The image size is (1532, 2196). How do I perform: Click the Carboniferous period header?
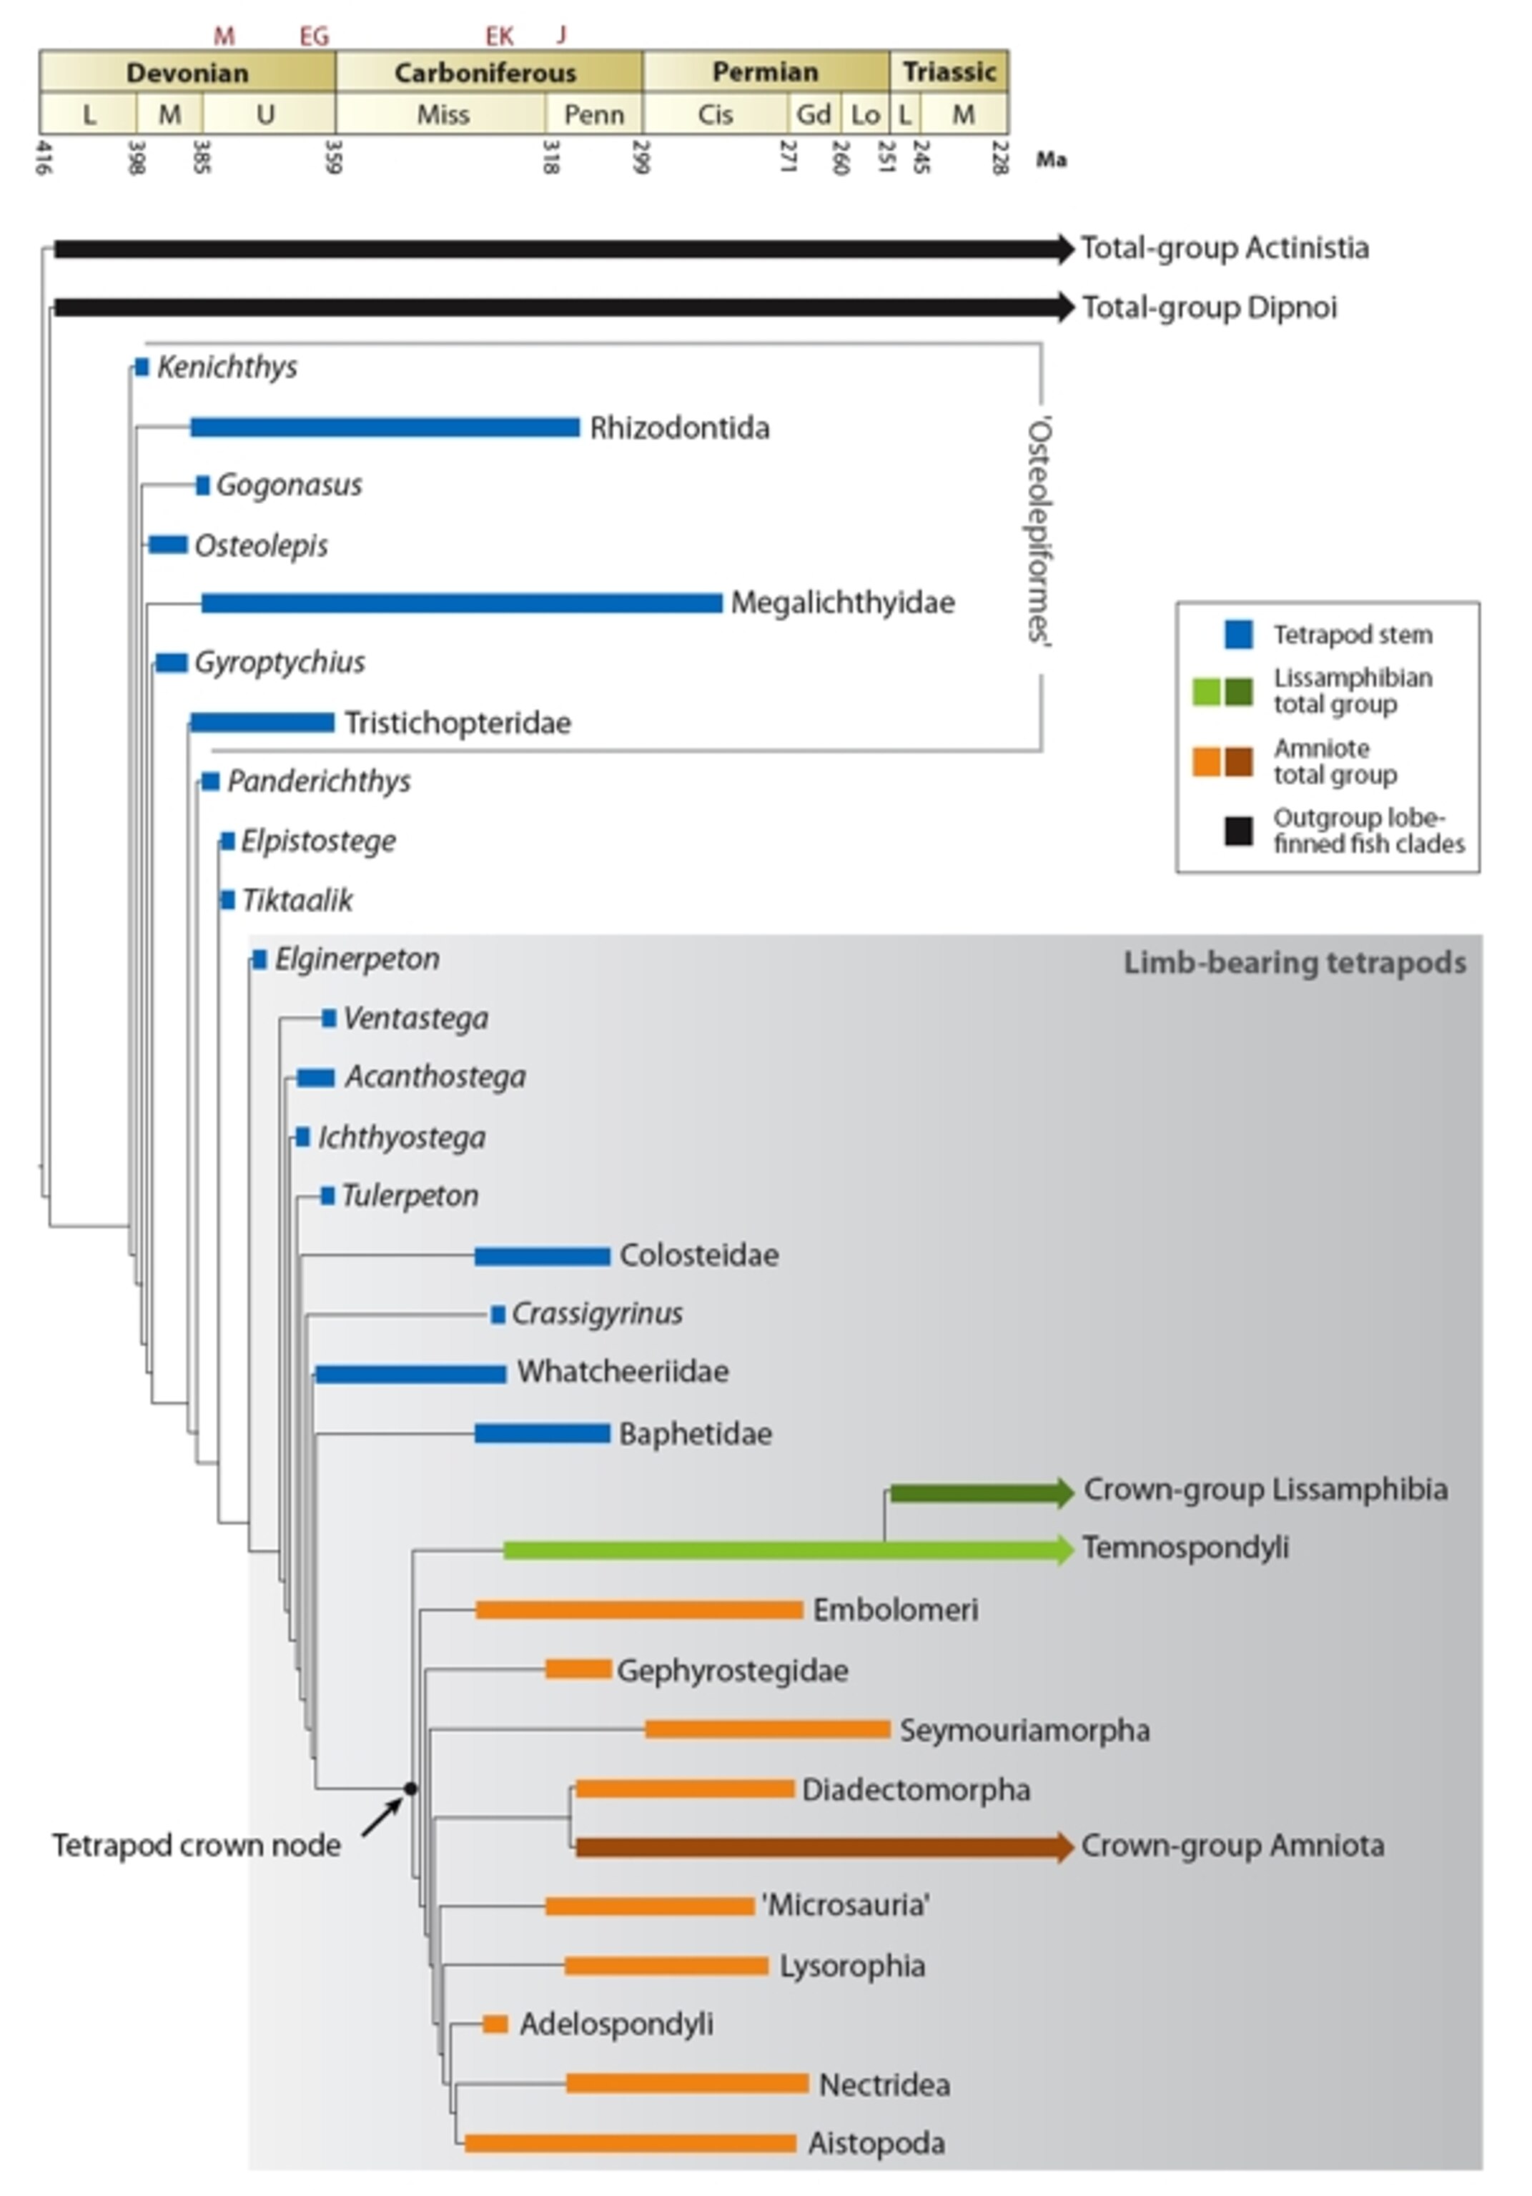tap(486, 73)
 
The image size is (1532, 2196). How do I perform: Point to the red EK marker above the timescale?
tap(499, 36)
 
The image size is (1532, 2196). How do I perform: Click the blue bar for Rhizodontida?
tap(385, 427)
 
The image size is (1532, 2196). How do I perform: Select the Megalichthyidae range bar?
tap(462, 603)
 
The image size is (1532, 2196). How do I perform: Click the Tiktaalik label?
tap(297, 900)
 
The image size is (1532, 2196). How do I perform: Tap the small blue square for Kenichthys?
tap(142, 367)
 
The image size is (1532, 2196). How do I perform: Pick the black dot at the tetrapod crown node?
tap(410, 1788)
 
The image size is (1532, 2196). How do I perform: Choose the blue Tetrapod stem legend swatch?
tap(1238, 634)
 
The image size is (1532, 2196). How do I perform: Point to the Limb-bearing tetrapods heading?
tap(1294, 962)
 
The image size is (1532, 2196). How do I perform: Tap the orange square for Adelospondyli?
tap(495, 2024)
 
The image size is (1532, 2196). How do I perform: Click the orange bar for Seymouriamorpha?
tap(767, 1729)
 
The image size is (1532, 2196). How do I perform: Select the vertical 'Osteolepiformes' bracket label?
tap(1039, 531)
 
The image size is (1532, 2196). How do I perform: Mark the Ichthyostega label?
tap(402, 1137)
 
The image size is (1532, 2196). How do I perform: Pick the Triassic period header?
tap(949, 73)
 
